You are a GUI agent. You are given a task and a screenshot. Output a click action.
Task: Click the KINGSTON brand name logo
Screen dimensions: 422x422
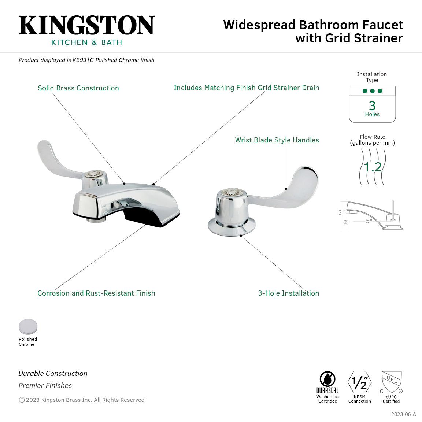tap(86, 25)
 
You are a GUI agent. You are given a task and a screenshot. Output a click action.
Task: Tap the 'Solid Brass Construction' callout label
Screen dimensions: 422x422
tap(78, 88)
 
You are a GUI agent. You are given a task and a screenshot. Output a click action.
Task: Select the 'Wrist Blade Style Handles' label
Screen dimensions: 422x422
tap(277, 140)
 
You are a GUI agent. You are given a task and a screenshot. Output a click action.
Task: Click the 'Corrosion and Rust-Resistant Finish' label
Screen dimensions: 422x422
tap(96, 293)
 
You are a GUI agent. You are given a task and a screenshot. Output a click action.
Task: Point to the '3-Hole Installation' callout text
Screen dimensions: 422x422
tap(288, 293)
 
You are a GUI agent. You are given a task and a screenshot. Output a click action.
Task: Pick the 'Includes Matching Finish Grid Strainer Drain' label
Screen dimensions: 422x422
tap(246, 88)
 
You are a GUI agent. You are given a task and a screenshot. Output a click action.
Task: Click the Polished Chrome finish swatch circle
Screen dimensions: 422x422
tap(28, 327)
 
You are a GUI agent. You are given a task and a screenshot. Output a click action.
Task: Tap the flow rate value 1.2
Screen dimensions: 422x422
tap(373, 167)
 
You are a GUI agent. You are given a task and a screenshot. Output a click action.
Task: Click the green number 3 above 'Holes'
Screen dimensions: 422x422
tap(372, 105)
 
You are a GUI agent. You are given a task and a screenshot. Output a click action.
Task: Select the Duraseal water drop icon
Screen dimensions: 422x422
tap(327, 379)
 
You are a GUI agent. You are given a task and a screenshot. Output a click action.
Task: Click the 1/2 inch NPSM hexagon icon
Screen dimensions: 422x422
tap(359, 382)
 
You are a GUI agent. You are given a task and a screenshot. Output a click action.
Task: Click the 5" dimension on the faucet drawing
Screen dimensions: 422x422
tap(369, 221)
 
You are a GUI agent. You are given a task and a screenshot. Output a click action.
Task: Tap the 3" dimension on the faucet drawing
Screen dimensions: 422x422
tap(341, 212)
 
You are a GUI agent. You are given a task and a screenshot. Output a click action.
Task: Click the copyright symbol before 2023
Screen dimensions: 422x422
tap(22, 400)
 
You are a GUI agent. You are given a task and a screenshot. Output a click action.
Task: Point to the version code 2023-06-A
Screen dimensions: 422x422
tap(403, 414)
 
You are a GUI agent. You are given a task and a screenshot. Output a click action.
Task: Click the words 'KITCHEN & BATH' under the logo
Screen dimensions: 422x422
tap(86, 42)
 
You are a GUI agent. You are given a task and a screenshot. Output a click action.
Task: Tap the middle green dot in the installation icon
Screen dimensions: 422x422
tap(372, 91)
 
